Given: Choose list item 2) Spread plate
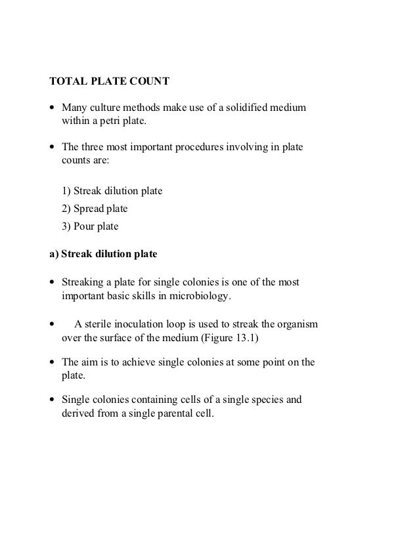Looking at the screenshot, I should click(95, 209).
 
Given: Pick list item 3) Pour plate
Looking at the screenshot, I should click(90, 227).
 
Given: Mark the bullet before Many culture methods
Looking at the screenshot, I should click(53, 108).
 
